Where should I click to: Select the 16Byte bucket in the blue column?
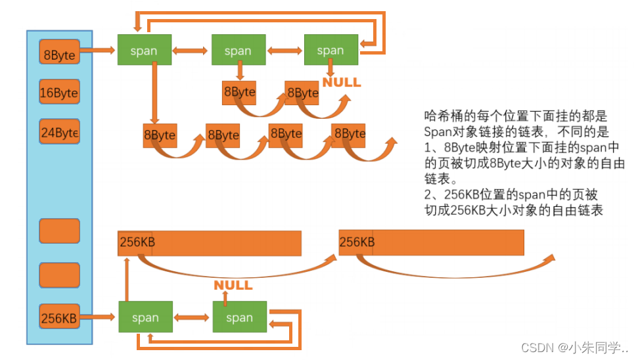pyautogui.click(x=59, y=93)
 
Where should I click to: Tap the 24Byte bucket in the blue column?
pyautogui.click(x=59, y=133)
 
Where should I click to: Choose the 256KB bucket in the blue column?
pyautogui.click(x=59, y=318)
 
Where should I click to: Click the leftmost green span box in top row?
pyautogui.click(x=145, y=51)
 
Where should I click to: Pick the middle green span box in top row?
pyautogui.click(x=238, y=51)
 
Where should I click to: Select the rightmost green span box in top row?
pyautogui.click(x=330, y=51)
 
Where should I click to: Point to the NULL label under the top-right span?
pyautogui.click(x=341, y=82)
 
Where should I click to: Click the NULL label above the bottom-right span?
pyautogui.click(x=233, y=285)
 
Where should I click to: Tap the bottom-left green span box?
pyautogui.click(x=145, y=318)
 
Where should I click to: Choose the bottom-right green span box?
pyautogui.click(x=239, y=318)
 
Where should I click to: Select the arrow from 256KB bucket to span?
pyautogui.click(x=99, y=317)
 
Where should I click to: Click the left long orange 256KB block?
pyautogui.click(x=210, y=242)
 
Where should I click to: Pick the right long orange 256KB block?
pyautogui.click(x=431, y=242)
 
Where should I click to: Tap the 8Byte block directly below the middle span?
pyautogui.click(x=239, y=93)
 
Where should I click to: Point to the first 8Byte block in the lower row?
pyautogui.click(x=160, y=135)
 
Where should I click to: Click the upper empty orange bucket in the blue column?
pyautogui.click(x=59, y=231)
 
